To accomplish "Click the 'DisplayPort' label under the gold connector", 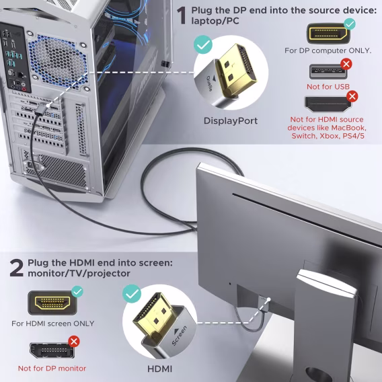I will click(231, 121).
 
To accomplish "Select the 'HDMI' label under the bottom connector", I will click(159, 369).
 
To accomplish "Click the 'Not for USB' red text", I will click(328, 87).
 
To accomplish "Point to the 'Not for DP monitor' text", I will click(52, 368).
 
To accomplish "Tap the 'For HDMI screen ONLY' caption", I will click(52, 323).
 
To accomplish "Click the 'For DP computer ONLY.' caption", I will click(328, 50).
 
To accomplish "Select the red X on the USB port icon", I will click(346, 65).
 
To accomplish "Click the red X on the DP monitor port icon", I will click(74, 342).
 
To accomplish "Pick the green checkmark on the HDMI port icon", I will click(77, 291).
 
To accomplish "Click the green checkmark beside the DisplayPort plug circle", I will click(202, 46).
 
